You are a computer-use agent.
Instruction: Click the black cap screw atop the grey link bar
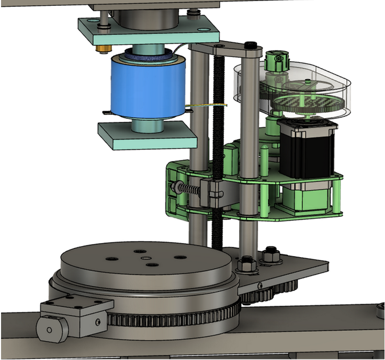[253, 44]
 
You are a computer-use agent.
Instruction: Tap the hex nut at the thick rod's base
[245, 264]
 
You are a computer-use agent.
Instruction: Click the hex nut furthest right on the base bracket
[272, 256]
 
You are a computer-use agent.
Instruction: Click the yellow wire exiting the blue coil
[209, 107]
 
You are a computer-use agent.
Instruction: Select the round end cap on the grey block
[48, 330]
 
